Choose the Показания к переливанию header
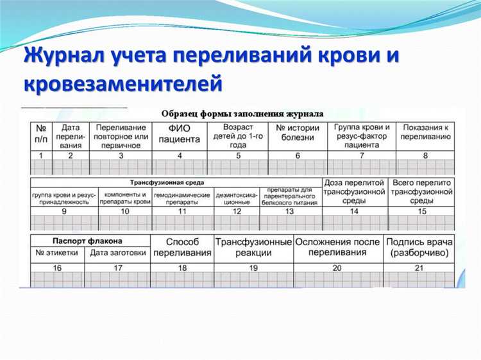pos(425,132)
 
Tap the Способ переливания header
pos(182,246)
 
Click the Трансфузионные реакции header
pos(253,247)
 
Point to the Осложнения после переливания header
pos(337,247)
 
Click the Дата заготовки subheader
pos(117,253)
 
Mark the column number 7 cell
pos(361,155)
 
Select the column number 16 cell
pos(57,268)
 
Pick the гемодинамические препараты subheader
pos(182,198)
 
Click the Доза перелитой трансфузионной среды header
pos(355,192)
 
